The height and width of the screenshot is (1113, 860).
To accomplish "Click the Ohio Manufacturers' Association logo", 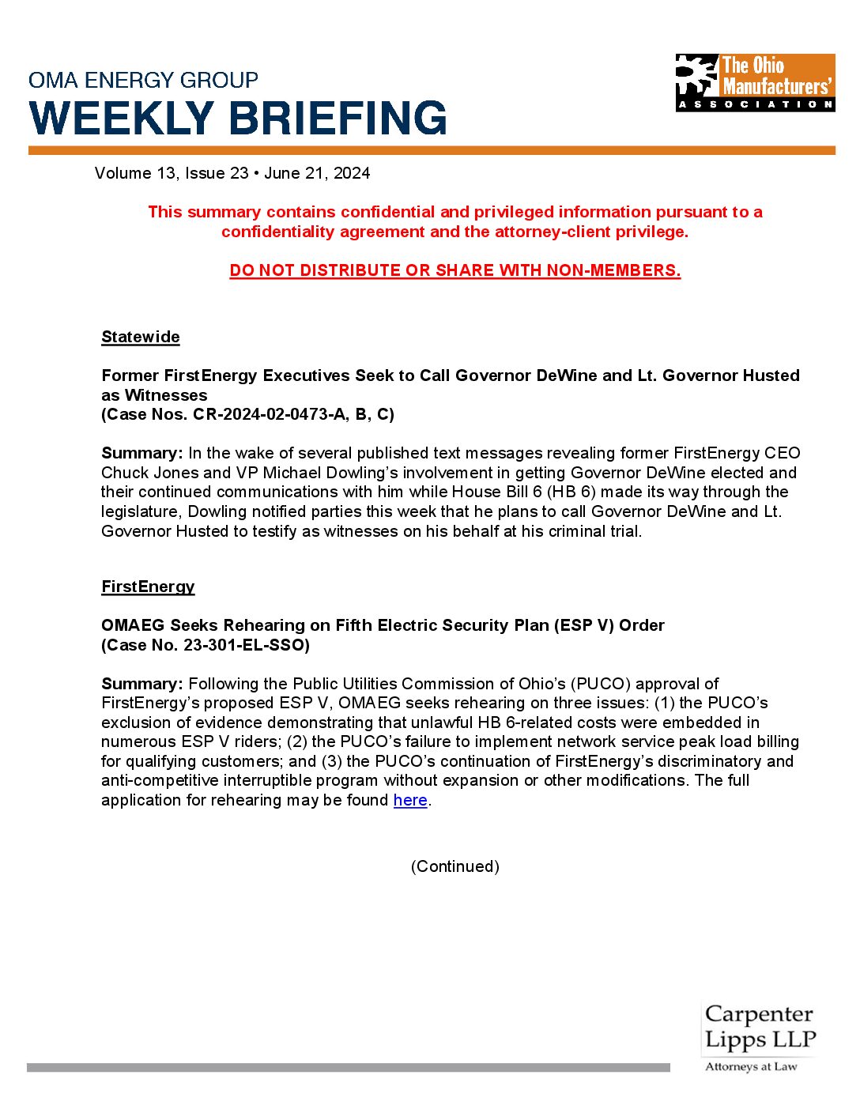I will (755, 82).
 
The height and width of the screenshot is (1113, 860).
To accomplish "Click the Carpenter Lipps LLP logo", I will (759, 1028).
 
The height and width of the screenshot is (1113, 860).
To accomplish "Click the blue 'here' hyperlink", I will (410, 800).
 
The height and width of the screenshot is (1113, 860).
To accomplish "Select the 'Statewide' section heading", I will (141, 337).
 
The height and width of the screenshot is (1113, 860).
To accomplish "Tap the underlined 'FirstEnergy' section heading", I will (148, 587).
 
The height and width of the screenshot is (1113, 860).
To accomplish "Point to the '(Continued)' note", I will (455, 866).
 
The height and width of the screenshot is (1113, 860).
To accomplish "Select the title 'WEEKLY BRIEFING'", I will (238, 119).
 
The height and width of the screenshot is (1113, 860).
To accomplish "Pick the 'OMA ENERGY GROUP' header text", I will (143, 80).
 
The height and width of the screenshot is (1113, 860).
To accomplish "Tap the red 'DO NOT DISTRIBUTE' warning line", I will (455, 270).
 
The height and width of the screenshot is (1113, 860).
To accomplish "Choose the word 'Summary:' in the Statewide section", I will (142, 453).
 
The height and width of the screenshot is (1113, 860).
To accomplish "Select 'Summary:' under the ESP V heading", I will (142, 684).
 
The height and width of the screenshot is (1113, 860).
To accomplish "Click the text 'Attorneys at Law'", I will (751, 1067).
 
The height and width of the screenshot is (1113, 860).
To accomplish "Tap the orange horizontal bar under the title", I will (432, 150).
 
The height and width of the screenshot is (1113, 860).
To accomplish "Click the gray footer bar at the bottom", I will (348, 1068).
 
